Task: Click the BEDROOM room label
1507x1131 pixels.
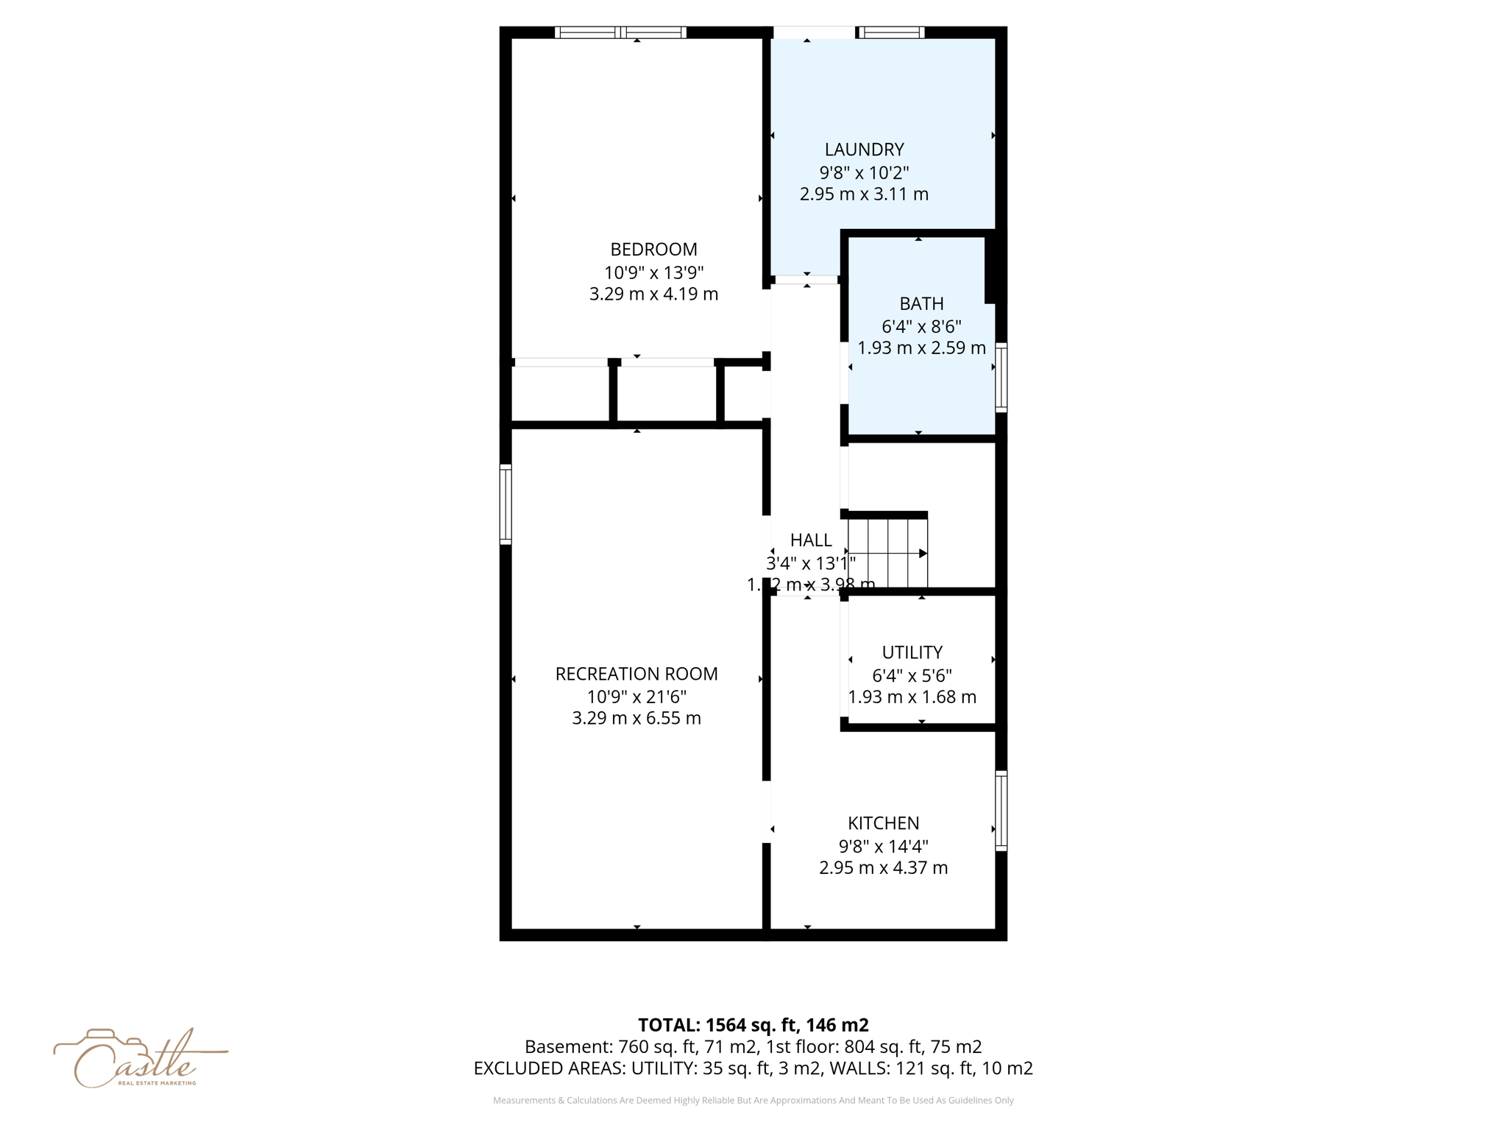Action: (x=653, y=250)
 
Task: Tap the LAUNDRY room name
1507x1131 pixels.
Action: (x=864, y=149)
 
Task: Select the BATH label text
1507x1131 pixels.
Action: (x=921, y=303)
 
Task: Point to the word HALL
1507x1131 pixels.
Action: (x=811, y=540)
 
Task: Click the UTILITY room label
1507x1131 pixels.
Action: (x=912, y=652)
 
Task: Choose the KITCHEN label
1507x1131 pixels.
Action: (x=883, y=823)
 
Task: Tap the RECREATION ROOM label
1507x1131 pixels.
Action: (x=637, y=674)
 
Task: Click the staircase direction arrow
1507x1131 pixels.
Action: (x=923, y=553)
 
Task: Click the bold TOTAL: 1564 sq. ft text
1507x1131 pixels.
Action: (x=753, y=1025)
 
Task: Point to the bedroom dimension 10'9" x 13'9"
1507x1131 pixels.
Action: (x=653, y=272)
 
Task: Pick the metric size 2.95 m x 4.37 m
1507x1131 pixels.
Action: (x=883, y=868)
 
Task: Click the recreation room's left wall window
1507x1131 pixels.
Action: (x=506, y=504)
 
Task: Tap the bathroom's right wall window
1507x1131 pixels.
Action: (x=1001, y=377)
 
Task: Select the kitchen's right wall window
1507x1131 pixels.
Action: (x=1001, y=811)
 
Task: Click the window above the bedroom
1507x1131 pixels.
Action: (x=620, y=32)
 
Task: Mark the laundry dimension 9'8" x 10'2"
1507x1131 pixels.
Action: (x=864, y=173)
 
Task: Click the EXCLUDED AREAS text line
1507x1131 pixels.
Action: (x=753, y=1068)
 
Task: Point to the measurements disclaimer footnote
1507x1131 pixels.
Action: (x=753, y=1100)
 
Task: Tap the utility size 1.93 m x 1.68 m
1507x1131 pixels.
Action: (x=912, y=697)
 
